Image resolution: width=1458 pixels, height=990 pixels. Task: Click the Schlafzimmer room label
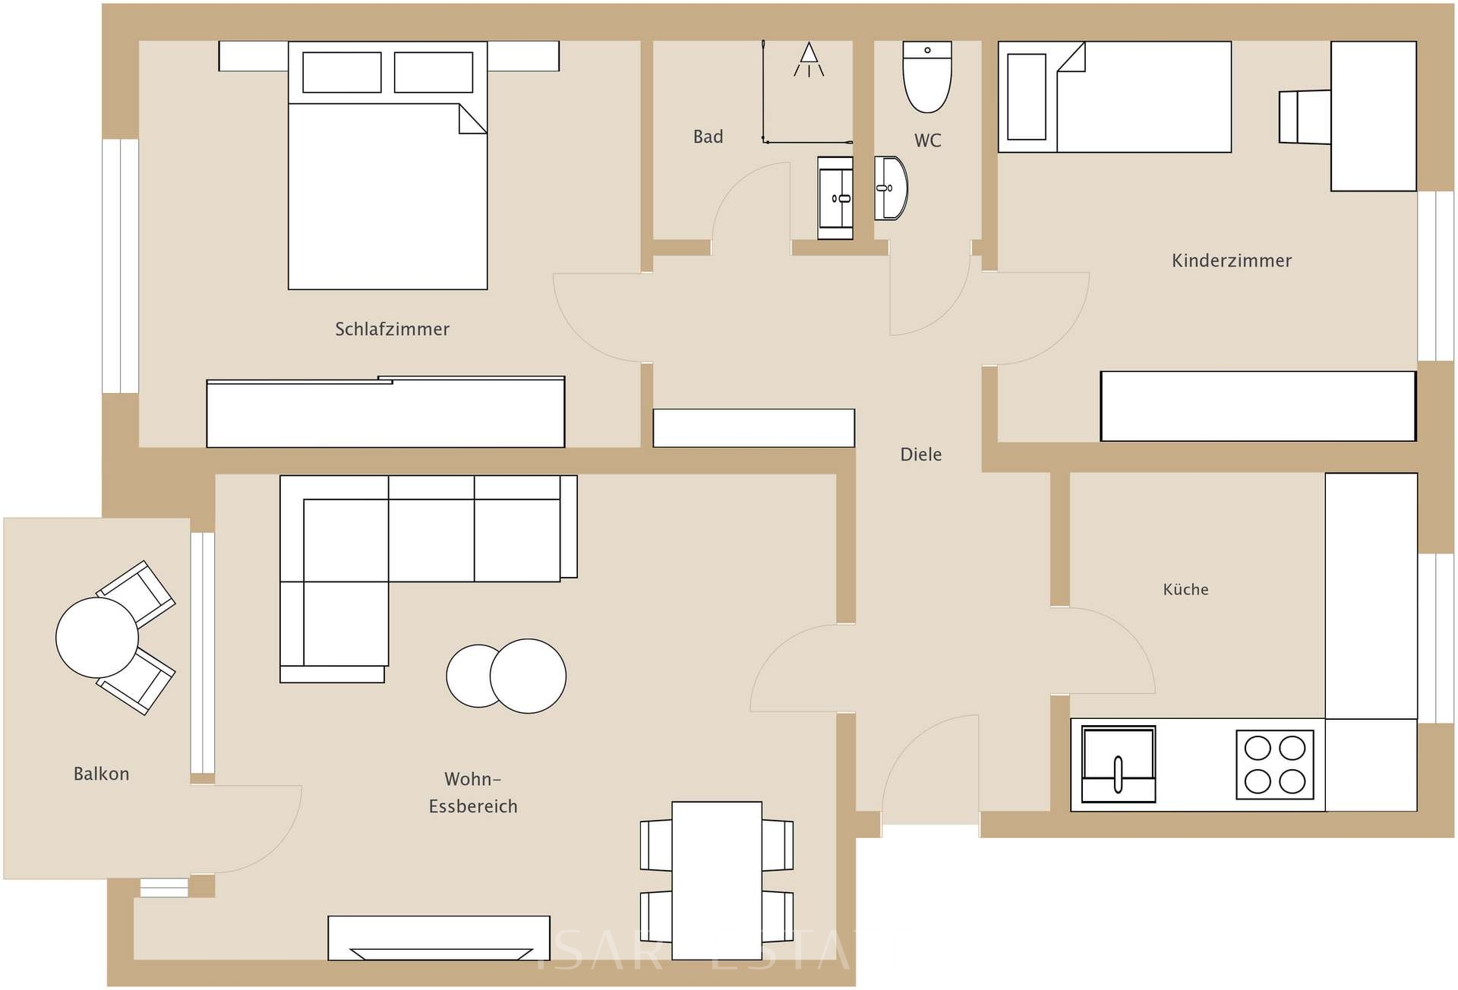coord(392,329)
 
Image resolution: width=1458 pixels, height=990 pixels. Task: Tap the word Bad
coord(708,137)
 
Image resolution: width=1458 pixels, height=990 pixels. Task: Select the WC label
coord(927,140)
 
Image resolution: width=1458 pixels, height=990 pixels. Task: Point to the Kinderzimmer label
coord(1231,260)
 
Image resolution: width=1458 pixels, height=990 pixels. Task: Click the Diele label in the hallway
coord(920,454)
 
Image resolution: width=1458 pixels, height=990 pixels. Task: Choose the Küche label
coord(1185,589)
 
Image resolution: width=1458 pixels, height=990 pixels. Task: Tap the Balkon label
coord(101,774)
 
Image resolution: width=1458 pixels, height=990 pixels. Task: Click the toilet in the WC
coord(926,78)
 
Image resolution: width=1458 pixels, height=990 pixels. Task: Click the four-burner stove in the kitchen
coord(1274,765)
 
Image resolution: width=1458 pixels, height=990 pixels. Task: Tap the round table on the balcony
coord(97,638)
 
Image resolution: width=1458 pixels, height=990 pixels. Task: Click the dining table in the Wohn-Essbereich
coord(716,879)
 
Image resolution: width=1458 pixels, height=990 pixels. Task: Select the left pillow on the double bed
coord(342,72)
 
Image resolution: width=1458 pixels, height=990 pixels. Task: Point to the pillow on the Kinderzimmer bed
coord(1027,96)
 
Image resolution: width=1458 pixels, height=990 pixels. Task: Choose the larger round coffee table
coord(529,676)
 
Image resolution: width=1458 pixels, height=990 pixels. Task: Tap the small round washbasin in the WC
coord(890,188)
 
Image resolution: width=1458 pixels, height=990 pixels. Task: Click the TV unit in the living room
coord(438,938)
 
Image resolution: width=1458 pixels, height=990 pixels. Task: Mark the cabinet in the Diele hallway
coord(753,427)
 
